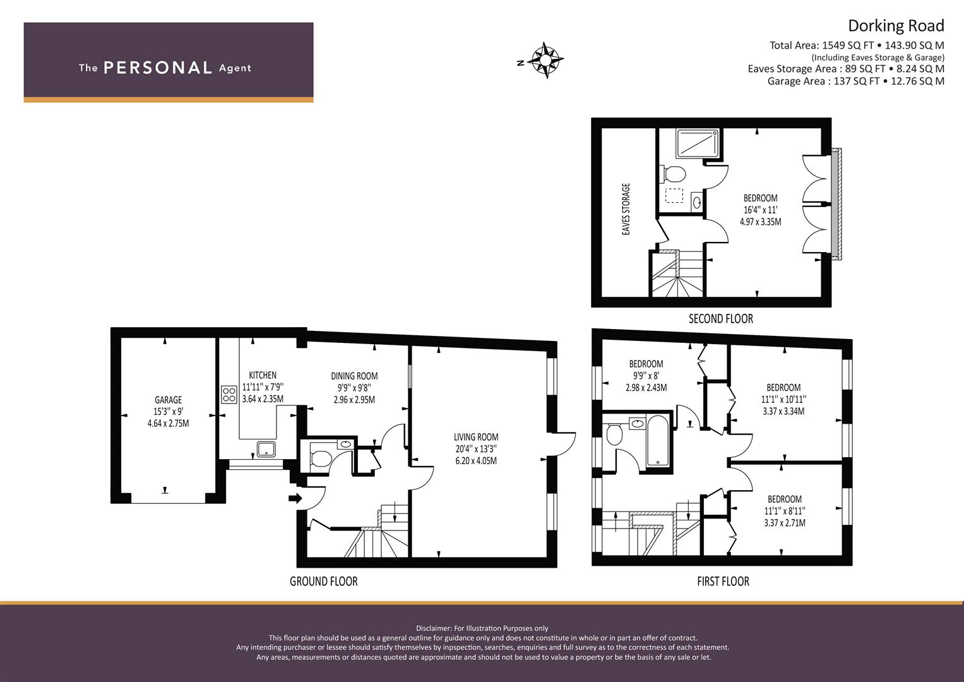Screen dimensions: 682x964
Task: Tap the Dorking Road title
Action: pos(895,26)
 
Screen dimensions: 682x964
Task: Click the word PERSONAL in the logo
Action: pos(157,68)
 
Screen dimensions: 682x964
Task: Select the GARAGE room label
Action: pos(168,400)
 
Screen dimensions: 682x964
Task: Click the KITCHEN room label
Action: pos(262,375)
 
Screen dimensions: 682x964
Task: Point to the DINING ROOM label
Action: pos(354,376)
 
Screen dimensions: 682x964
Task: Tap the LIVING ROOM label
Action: pos(475,437)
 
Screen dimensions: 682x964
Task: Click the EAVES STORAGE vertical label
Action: pos(626,210)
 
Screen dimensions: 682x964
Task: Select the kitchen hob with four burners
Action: pos(229,395)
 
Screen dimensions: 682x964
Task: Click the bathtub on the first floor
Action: pos(657,440)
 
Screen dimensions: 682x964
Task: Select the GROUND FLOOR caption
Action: pos(323,581)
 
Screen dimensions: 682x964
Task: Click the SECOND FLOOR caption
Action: pos(720,319)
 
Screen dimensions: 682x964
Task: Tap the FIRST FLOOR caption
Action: pos(723,581)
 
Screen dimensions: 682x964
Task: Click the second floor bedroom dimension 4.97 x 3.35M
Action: pos(760,222)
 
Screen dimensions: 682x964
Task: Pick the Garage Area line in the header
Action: pos(855,81)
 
